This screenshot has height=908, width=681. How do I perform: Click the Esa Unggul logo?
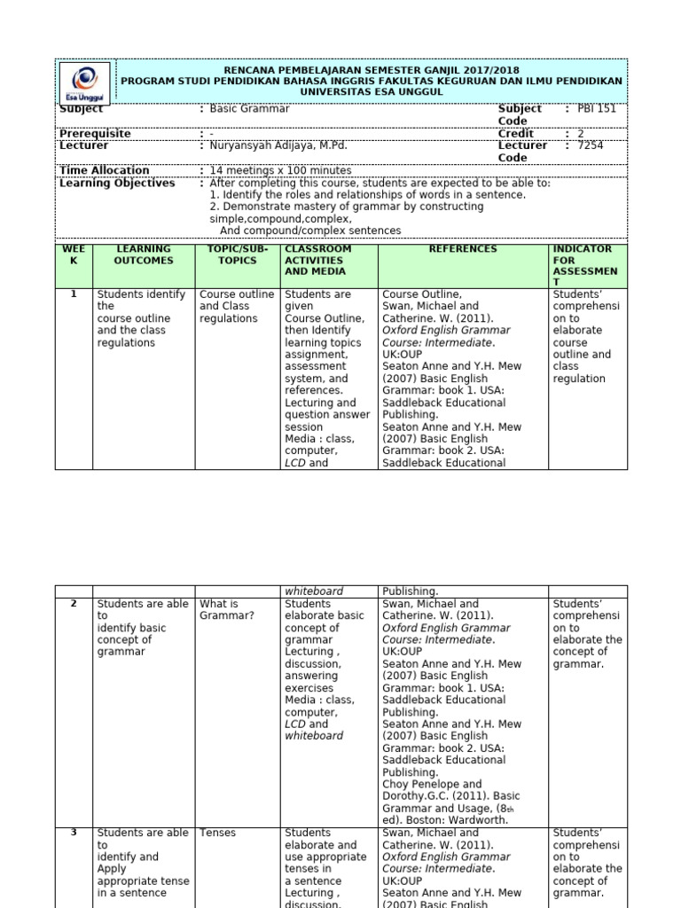[85, 82]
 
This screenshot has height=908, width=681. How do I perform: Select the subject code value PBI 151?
[596, 109]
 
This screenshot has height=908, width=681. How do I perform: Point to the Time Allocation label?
[104, 170]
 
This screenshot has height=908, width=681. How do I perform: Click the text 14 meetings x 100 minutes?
[280, 170]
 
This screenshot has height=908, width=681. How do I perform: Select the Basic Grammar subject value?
[249, 109]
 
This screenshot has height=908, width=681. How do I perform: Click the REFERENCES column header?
[463, 249]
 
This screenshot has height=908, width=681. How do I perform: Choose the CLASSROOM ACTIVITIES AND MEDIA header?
[317, 261]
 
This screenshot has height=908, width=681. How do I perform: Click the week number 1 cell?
[74, 294]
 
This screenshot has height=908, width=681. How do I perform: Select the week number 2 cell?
[74, 604]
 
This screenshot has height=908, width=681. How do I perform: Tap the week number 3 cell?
[74, 833]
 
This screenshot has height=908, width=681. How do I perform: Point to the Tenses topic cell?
[216, 834]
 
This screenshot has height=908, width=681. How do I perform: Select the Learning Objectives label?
[117, 184]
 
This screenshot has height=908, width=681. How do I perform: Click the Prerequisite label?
[95, 134]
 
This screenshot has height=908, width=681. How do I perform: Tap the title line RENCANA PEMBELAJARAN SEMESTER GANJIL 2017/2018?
[372, 70]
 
